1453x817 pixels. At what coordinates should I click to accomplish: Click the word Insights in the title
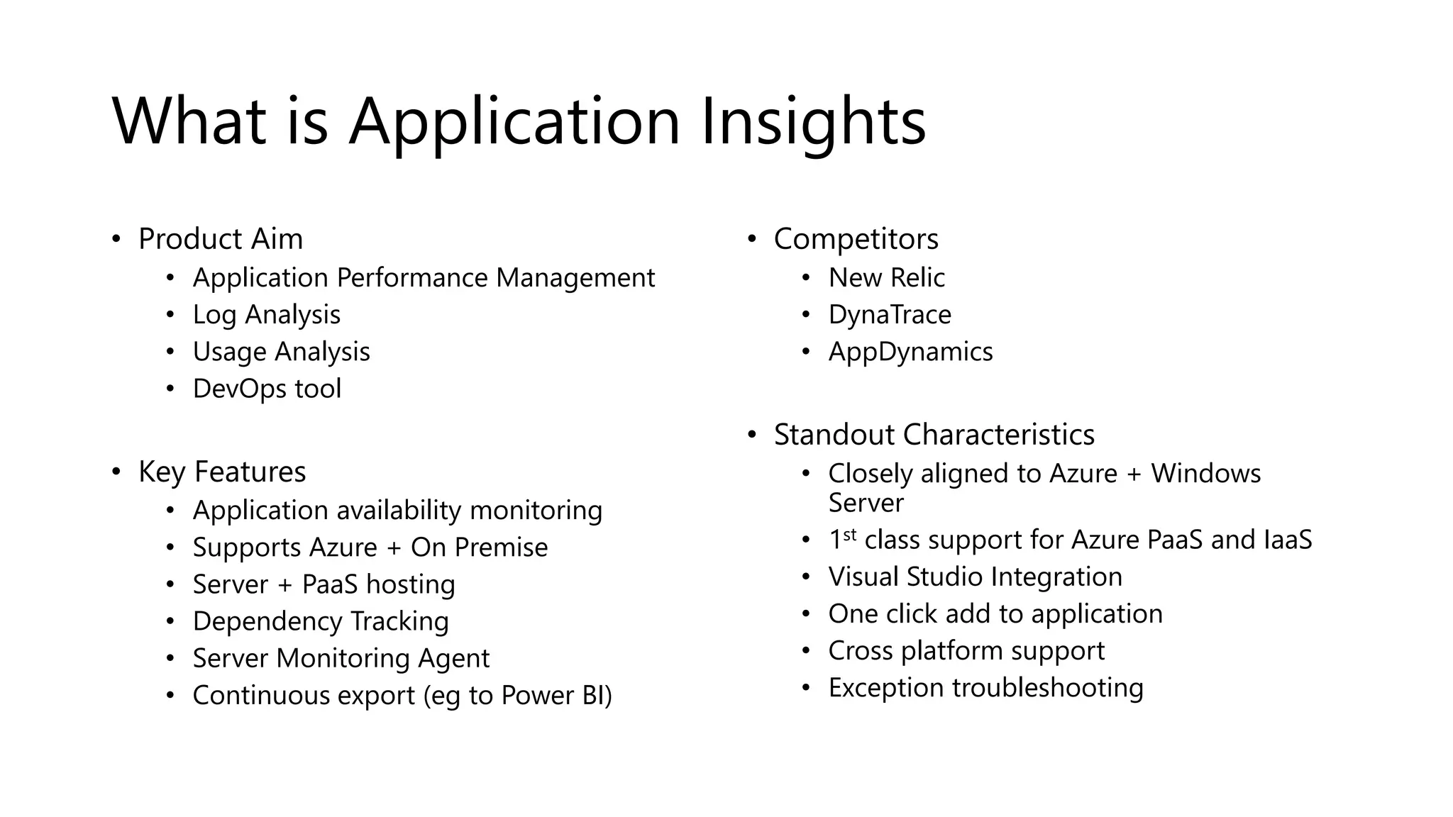pos(813,122)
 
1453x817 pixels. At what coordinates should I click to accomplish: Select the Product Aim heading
pos(220,239)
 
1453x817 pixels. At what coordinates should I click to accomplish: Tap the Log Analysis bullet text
pos(266,315)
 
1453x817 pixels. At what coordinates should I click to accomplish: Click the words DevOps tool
pos(267,389)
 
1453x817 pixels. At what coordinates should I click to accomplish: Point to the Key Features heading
pos(221,472)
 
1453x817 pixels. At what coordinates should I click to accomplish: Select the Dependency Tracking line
pos(320,621)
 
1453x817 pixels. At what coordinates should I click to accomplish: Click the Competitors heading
pos(856,239)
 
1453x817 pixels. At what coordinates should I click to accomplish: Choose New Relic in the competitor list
pos(886,278)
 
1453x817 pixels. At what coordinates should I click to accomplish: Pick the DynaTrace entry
pos(889,315)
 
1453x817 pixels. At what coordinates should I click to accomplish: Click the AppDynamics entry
pos(910,352)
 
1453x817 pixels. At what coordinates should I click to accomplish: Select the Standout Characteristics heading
pos(934,435)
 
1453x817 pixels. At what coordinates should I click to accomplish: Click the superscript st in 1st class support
pos(849,534)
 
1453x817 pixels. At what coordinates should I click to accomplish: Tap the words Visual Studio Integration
pos(975,577)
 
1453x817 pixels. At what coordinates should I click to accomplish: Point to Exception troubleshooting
pos(985,688)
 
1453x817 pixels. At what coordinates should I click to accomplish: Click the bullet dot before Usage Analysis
pos(170,352)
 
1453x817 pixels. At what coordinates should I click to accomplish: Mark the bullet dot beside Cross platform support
pos(805,651)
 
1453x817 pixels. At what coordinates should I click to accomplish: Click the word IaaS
pos(1288,540)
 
